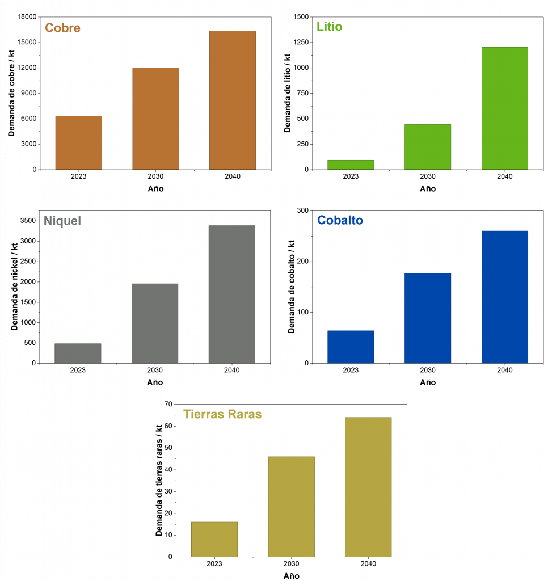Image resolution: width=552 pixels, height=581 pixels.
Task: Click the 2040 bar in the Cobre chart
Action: tap(232, 100)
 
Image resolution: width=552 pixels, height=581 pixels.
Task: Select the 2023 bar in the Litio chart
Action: tap(351, 165)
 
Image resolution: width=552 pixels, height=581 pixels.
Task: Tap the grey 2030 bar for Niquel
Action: tap(155, 323)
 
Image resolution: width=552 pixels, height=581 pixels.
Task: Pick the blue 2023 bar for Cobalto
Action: tap(351, 347)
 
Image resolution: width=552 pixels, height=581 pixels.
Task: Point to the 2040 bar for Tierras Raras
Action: tap(368, 487)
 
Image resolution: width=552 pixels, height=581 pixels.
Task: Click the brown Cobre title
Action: tap(62, 28)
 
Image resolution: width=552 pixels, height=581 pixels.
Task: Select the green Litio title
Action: tap(330, 27)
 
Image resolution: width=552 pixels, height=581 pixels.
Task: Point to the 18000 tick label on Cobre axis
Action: tap(26, 17)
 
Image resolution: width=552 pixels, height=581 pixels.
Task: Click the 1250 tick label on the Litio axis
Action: tap(301, 42)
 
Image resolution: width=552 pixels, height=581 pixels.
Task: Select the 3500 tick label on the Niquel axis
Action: tap(27, 221)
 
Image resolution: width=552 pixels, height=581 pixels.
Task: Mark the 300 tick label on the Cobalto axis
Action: tap(303, 211)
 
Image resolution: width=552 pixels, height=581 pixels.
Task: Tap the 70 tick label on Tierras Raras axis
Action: tap(167, 405)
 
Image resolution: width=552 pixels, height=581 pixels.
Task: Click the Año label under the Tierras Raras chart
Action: tap(292, 575)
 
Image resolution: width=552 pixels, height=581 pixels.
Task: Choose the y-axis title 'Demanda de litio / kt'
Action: tap(288, 93)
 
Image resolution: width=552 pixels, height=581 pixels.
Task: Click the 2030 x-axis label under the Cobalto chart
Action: tap(428, 371)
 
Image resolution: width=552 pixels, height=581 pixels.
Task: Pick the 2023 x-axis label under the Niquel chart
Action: tap(78, 371)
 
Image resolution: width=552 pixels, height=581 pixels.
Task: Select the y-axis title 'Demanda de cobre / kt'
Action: tap(11, 93)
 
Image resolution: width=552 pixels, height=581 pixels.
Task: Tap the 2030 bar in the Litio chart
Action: tap(428, 147)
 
